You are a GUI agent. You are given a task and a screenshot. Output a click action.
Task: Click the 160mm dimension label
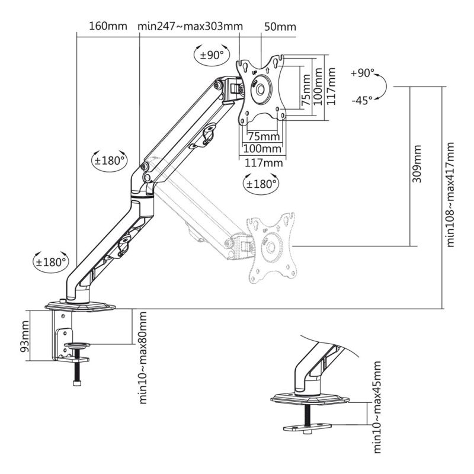click(107, 27)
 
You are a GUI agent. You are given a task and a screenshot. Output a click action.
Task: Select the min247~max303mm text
click(190, 27)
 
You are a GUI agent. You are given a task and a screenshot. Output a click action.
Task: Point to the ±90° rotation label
click(212, 55)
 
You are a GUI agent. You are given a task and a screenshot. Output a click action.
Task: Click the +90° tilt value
click(363, 73)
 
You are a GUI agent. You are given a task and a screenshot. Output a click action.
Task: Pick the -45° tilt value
click(361, 100)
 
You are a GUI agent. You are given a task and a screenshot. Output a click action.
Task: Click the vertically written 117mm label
click(331, 87)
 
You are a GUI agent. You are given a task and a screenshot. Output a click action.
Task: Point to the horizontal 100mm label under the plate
click(262, 148)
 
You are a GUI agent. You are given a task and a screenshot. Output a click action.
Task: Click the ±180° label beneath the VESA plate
click(261, 184)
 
